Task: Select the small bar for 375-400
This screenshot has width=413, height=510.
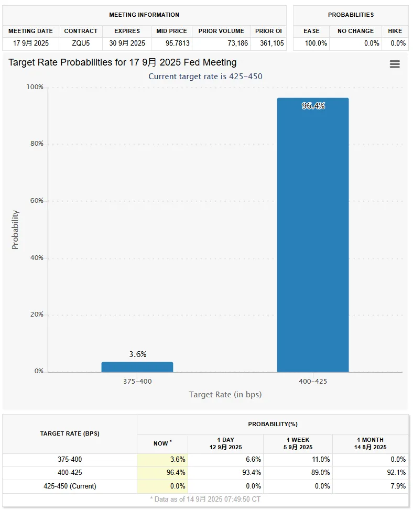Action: pyautogui.click(x=137, y=367)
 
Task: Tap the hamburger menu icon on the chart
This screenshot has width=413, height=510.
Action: pyautogui.click(x=395, y=64)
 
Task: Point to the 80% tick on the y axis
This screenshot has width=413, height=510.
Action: pyautogui.click(x=36, y=144)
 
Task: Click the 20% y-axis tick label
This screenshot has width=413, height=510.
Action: pyautogui.click(x=36, y=314)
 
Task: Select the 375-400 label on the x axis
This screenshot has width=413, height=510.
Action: pyautogui.click(x=137, y=381)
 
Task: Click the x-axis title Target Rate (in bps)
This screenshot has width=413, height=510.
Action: pyautogui.click(x=225, y=394)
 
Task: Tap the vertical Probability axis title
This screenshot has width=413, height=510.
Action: pyautogui.click(x=15, y=230)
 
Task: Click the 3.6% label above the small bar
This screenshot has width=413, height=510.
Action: pyautogui.click(x=137, y=354)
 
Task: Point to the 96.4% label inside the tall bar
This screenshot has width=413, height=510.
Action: pyautogui.click(x=313, y=106)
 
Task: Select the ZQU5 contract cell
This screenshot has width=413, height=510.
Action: pyautogui.click(x=81, y=44)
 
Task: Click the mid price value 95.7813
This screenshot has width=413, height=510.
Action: pyautogui.click(x=171, y=44)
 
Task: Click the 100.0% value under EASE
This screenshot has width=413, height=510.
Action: pyautogui.click(x=316, y=44)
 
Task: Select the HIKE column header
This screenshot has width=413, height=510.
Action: pyautogui.click(x=395, y=31)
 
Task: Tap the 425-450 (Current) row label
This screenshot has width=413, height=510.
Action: pyautogui.click(x=70, y=486)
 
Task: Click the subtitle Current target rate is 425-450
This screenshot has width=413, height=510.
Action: pyautogui.click(x=205, y=77)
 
